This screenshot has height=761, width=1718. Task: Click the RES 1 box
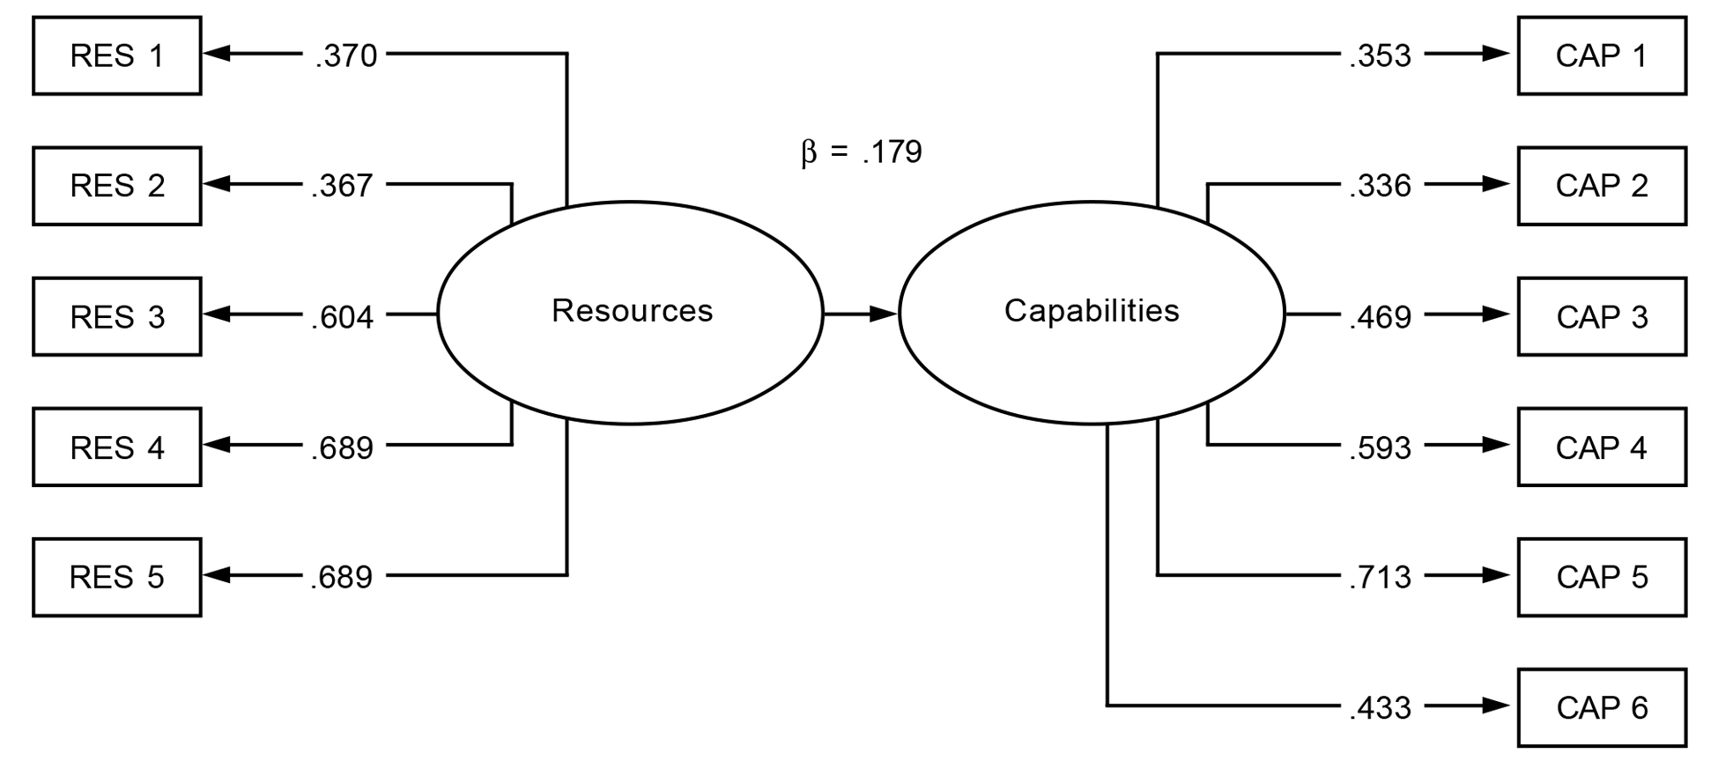117,55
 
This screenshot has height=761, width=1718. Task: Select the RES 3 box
117,316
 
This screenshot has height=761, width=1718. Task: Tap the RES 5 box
117,577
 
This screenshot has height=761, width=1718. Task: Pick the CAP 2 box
1602,186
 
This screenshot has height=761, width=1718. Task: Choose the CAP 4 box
1602,447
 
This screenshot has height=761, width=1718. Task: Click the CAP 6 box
1602,707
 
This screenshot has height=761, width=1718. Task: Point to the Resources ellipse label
632,311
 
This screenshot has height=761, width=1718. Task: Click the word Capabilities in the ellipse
1092,311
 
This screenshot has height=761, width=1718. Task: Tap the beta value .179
892,152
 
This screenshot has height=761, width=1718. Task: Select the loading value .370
345,55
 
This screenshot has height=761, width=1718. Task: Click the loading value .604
342,316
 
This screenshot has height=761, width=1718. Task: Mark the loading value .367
342,186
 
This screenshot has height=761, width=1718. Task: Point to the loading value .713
1380,577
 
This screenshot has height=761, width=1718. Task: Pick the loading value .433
1380,707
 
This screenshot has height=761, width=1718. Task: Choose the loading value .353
1380,55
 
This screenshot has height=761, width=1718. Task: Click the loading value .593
1380,447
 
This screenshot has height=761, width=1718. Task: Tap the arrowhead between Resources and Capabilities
883,314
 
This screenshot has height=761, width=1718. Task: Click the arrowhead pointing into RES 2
217,184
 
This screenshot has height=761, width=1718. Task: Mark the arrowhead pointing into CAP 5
1496,575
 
